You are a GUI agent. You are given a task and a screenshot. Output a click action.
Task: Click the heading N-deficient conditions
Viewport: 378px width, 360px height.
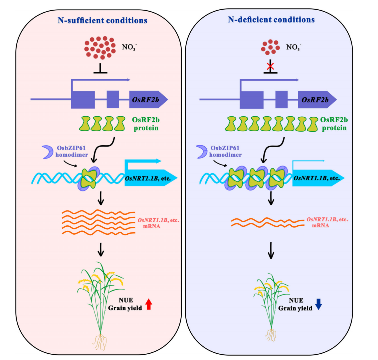click(271, 20)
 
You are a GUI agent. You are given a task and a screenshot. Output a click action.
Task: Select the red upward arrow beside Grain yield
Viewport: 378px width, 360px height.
click(149, 304)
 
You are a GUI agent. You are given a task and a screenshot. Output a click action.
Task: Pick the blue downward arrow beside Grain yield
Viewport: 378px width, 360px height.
click(318, 304)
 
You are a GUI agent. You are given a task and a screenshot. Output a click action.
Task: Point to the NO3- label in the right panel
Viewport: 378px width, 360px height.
click(294, 47)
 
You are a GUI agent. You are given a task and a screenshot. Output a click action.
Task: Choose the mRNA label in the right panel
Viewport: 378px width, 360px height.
click(320, 225)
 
